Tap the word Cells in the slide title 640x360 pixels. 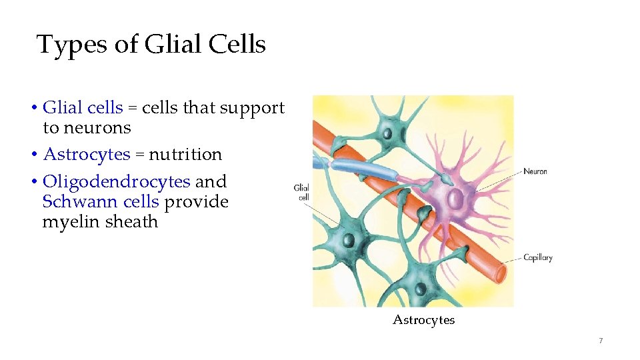click(237, 45)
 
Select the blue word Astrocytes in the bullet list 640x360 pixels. click(87, 155)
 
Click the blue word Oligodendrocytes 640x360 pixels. click(117, 181)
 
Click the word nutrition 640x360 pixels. click(185, 155)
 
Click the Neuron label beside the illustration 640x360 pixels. click(535, 171)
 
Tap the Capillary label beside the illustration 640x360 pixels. click(537, 257)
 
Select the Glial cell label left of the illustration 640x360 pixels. click(301, 192)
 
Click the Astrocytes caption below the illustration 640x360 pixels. click(423, 320)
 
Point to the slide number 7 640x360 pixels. click(601, 341)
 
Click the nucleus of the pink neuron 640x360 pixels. click(455, 198)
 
